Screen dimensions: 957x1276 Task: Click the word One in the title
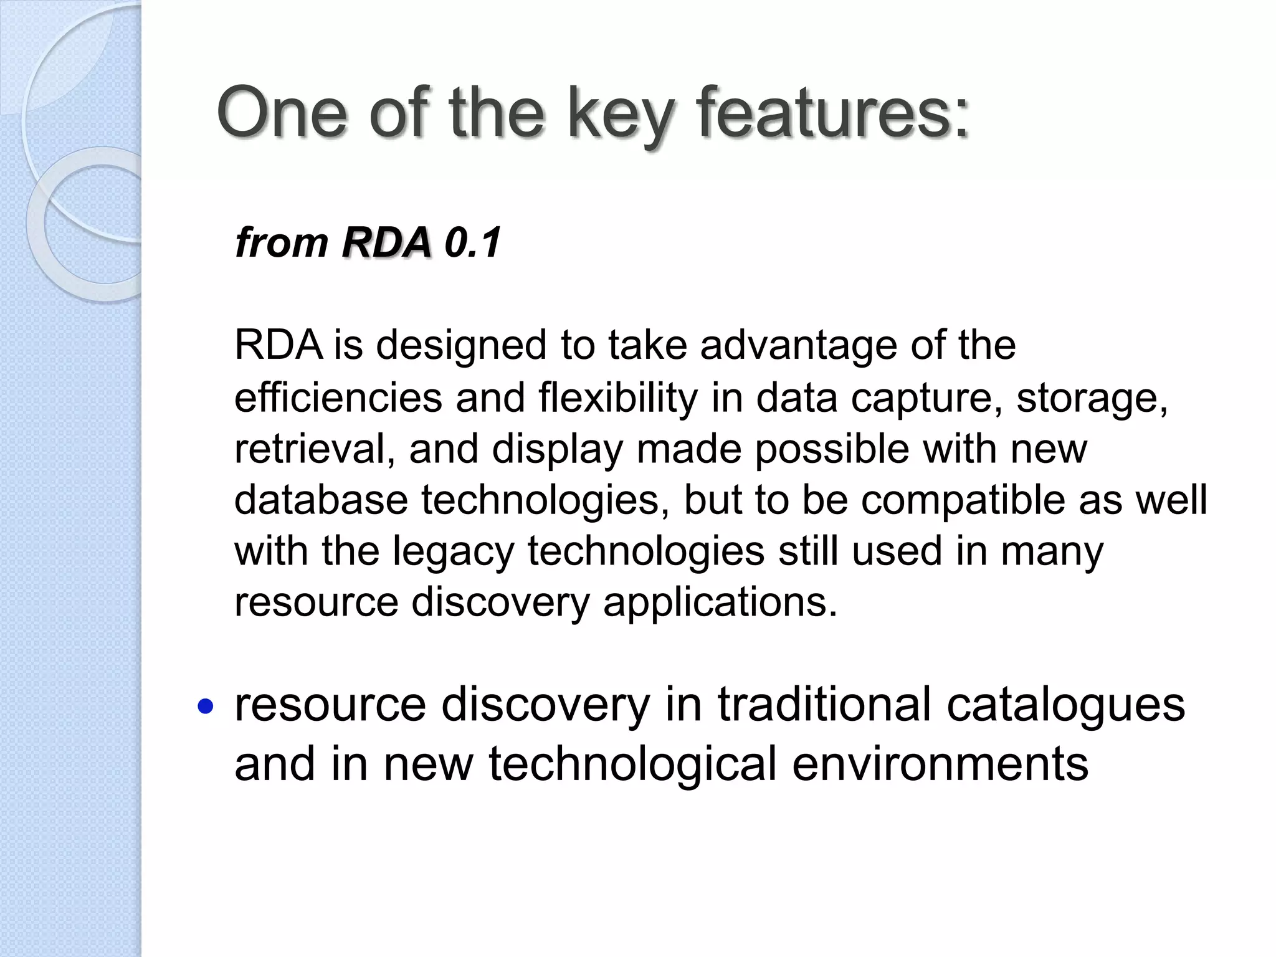(282, 113)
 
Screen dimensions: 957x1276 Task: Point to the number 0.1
(473, 242)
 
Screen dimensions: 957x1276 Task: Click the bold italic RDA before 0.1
(386, 242)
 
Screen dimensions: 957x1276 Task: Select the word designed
(461, 346)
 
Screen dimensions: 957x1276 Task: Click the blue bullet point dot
(205, 707)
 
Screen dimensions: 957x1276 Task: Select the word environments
(940, 764)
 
